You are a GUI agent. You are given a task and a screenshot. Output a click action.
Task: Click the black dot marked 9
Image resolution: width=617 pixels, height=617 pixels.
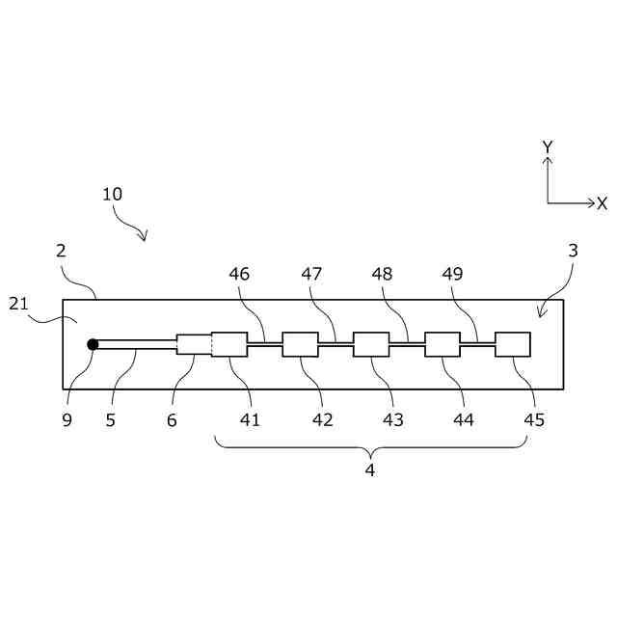coord(93,344)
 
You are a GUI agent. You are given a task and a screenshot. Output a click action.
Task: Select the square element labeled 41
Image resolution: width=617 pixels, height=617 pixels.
coord(229,344)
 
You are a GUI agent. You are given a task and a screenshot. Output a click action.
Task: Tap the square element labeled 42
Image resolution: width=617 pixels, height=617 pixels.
coord(300,344)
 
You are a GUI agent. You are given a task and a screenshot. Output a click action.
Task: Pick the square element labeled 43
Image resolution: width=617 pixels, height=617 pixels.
coord(371,344)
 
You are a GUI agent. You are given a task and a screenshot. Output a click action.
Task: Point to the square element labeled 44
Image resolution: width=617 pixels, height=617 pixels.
coord(443,344)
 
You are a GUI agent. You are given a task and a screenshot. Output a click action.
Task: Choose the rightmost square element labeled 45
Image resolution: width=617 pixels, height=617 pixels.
coord(513,344)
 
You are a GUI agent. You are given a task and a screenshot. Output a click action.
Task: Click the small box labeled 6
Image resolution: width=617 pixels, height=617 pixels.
coord(194,344)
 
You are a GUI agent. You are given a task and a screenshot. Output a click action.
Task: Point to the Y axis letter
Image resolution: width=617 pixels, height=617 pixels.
coord(548,147)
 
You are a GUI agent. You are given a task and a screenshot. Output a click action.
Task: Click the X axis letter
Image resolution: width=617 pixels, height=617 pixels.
coord(603,203)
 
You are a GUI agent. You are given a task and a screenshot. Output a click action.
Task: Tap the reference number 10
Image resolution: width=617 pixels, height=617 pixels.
coord(112,194)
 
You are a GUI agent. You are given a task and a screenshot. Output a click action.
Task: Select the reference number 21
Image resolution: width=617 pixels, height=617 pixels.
coord(19,305)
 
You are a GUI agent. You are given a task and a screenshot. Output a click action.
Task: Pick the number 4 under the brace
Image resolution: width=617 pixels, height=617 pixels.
coord(369,470)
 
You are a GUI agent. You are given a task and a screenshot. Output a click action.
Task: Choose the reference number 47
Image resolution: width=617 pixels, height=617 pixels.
coord(311,274)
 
